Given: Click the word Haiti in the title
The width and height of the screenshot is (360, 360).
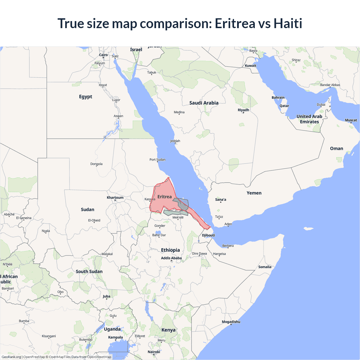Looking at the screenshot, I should [x=288, y=23].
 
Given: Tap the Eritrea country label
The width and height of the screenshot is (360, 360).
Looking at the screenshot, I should [x=165, y=197].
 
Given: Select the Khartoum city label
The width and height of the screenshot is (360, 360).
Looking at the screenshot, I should [x=115, y=197].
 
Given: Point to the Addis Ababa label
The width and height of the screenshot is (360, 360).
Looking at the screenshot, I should [x=171, y=258].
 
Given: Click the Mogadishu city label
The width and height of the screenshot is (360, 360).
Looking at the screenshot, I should [x=231, y=322].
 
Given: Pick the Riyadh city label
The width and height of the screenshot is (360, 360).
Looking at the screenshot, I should [x=243, y=110].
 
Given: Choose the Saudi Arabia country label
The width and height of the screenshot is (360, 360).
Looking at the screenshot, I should [x=204, y=103].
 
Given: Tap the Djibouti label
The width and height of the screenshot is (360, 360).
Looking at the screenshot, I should [x=208, y=235].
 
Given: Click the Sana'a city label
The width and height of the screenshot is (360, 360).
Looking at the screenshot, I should [x=220, y=199].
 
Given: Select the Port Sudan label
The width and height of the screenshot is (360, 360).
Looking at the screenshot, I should [x=157, y=159].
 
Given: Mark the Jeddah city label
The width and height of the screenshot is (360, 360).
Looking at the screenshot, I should [x=175, y=141].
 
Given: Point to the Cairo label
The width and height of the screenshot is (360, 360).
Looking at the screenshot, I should [x=103, y=55].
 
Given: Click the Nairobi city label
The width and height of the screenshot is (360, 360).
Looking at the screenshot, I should [x=154, y=352].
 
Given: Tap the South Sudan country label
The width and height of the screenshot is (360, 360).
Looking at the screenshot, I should [x=89, y=271].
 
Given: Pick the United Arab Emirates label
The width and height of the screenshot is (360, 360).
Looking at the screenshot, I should [x=309, y=119].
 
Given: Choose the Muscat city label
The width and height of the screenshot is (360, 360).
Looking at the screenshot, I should [x=351, y=120].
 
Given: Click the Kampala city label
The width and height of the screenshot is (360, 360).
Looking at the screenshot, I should [x=115, y=337].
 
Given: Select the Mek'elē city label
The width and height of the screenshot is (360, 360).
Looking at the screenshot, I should [x=178, y=217].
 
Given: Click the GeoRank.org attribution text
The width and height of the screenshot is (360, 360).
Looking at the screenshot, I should [x=11, y=357].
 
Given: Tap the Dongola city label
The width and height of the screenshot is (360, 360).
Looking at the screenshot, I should [x=96, y=164].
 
